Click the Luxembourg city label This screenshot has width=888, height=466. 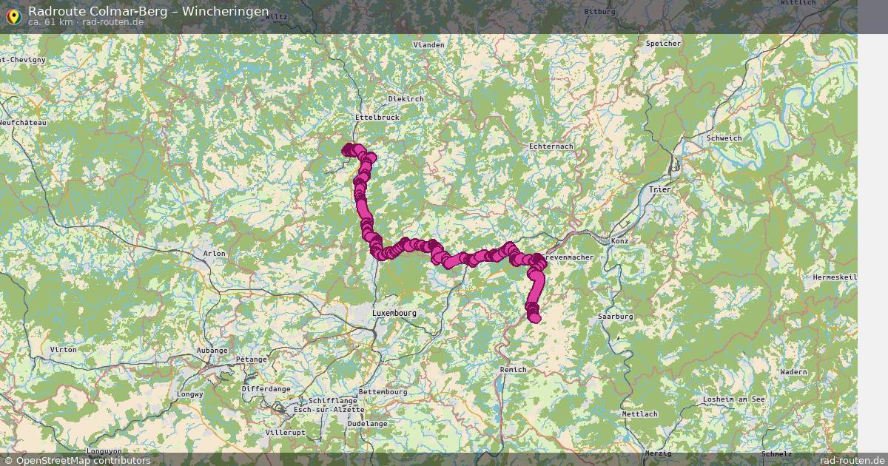394,313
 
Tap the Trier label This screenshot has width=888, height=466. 659,190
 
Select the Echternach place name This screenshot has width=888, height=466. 551,146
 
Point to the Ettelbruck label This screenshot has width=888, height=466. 377,117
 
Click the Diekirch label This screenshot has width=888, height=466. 406,98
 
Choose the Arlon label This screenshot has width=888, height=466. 214,254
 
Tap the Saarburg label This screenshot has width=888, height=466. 615,316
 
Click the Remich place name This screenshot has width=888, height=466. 513,369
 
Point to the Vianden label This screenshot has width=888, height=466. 428,45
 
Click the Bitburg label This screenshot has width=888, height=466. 599,12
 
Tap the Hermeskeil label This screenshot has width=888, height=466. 834,277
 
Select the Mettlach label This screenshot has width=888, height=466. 639,413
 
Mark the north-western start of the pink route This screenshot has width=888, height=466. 347,150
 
